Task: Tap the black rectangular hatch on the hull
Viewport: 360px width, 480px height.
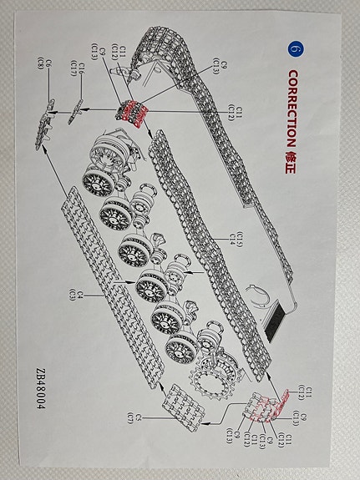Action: coord(276,321)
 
